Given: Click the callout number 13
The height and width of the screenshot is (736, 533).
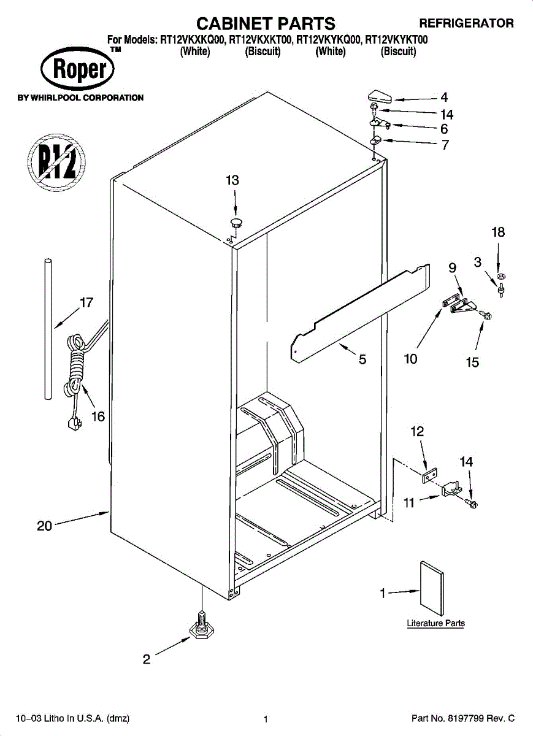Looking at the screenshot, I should (x=232, y=180).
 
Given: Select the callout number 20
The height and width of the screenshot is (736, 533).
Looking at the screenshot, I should (x=45, y=526).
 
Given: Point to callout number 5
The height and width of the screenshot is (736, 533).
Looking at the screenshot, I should (x=362, y=360).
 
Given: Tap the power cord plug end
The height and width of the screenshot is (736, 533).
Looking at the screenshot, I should (x=75, y=425).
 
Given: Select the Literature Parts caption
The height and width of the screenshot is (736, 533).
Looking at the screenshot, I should (x=436, y=623).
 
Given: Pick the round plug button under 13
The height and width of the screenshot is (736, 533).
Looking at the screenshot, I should (x=236, y=221).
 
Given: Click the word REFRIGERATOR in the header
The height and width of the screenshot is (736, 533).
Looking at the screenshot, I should (x=466, y=24).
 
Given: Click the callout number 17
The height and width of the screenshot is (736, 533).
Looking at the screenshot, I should (x=86, y=302).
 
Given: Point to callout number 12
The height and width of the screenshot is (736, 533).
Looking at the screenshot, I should (x=417, y=432).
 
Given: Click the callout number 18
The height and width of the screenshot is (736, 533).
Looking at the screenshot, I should (x=498, y=232).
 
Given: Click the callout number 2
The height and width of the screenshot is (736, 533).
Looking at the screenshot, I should (x=146, y=660).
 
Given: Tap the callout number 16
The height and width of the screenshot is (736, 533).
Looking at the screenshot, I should (x=98, y=417).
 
